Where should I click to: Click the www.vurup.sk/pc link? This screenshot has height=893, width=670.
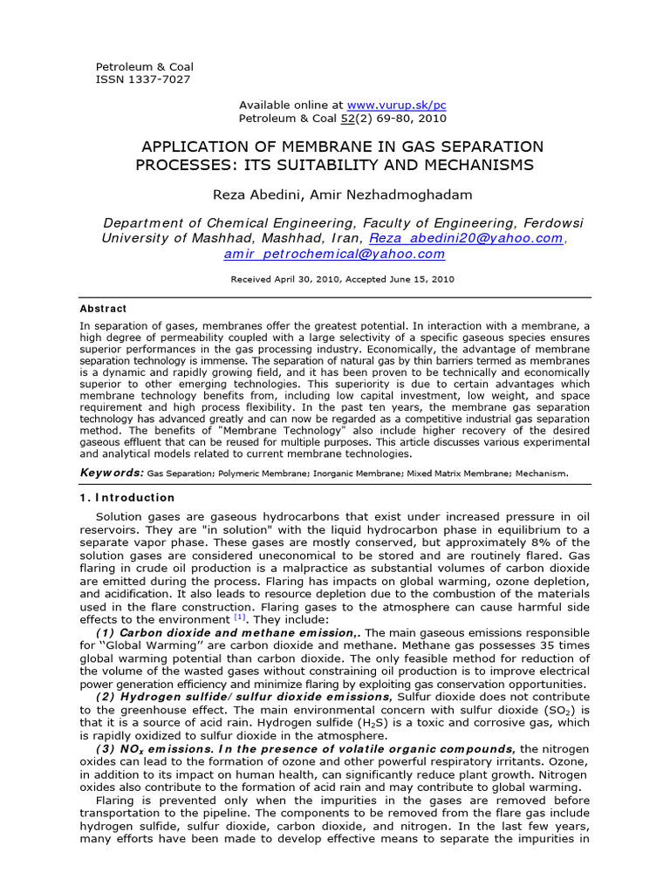click(396, 105)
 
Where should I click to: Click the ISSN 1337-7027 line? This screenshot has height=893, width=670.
click(142, 79)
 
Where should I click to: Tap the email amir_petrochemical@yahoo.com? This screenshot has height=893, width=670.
click(334, 254)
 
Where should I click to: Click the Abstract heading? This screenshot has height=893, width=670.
click(103, 309)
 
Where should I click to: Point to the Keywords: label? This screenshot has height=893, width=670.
click(112, 473)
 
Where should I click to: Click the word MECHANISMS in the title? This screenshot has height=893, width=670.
click(472, 165)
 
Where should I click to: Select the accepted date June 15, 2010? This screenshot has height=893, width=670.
click(416, 280)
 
